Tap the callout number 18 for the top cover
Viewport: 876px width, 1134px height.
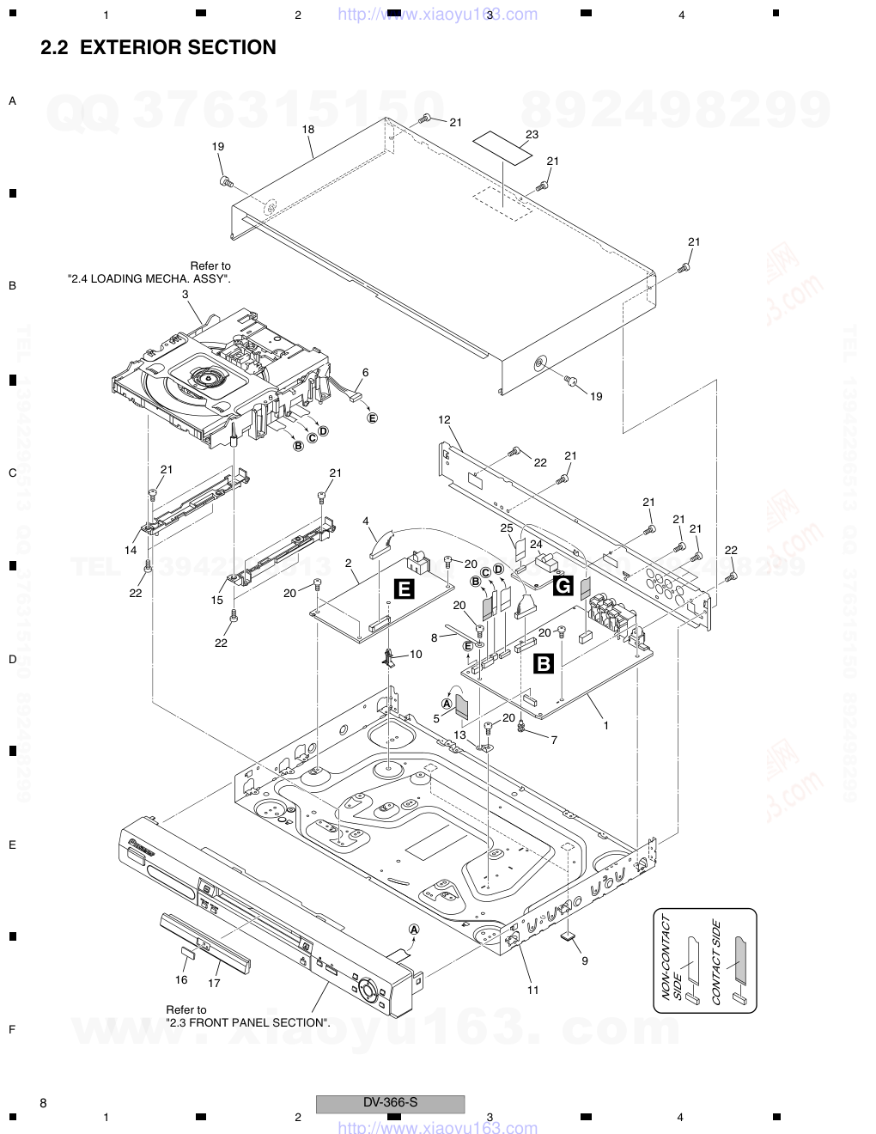click(307, 129)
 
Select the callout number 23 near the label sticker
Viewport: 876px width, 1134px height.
click(532, 134)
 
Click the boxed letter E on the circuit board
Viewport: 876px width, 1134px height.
click(403, 588)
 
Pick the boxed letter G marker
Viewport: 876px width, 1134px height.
click(563, 587)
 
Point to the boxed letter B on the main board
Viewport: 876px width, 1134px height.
click(544, 663)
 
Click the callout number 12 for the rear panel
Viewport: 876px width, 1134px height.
click(444, 420)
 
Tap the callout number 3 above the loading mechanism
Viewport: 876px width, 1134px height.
click(185, 294)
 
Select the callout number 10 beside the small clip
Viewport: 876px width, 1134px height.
click(416, 654)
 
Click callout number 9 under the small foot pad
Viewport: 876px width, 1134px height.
click(584, 960)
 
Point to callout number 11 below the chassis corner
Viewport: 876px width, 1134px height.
click(532, 990)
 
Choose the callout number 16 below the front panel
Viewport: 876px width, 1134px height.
click(181, 980)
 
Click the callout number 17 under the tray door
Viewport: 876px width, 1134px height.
click(214, 982)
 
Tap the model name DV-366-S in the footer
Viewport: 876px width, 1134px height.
click(390, 1102)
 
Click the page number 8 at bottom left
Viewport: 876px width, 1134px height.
click(43, 1102)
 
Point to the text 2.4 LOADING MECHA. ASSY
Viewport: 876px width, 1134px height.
click(149, 279)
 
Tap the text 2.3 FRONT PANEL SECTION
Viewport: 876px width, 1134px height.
click(247, 1022)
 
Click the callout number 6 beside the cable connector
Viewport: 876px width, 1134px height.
click(365, 372)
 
